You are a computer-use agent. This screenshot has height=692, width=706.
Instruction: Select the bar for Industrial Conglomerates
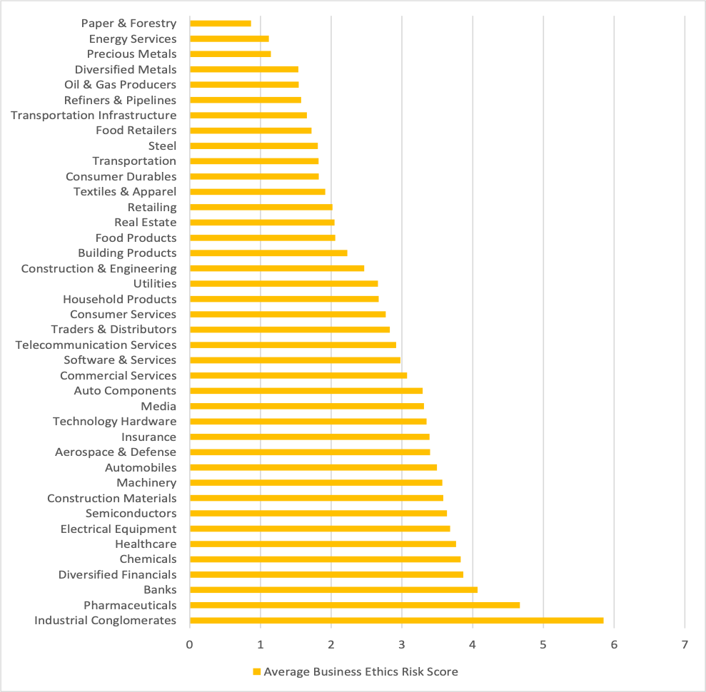point(396,621)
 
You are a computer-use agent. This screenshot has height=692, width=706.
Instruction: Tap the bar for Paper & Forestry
point(221,24)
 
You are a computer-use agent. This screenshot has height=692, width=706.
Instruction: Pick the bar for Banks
point(333,590)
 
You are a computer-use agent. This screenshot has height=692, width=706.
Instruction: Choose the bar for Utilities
point(283,284)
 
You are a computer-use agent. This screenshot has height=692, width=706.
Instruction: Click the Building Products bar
point(268,253)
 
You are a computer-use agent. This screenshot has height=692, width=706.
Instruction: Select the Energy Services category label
point(133,39)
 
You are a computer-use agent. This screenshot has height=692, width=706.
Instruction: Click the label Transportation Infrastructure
point(94,116)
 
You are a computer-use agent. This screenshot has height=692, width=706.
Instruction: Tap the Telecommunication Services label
point(96,345)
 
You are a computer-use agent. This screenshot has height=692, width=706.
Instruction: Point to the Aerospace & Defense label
point(116,452)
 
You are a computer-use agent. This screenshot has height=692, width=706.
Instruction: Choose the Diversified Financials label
point(117,575)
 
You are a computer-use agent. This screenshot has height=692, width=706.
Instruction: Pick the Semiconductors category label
point(131,514)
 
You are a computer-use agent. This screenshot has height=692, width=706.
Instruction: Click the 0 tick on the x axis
point(190,645)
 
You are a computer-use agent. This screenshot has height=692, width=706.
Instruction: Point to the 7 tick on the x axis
point(685,645)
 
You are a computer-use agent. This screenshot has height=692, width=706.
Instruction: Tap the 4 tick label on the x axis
point(473,645)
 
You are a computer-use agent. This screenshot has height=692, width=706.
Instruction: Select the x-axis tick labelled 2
point(331,645)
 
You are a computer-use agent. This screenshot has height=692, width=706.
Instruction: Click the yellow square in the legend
point(256,672)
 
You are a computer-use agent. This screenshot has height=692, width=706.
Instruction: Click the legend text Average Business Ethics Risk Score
point(360,672)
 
